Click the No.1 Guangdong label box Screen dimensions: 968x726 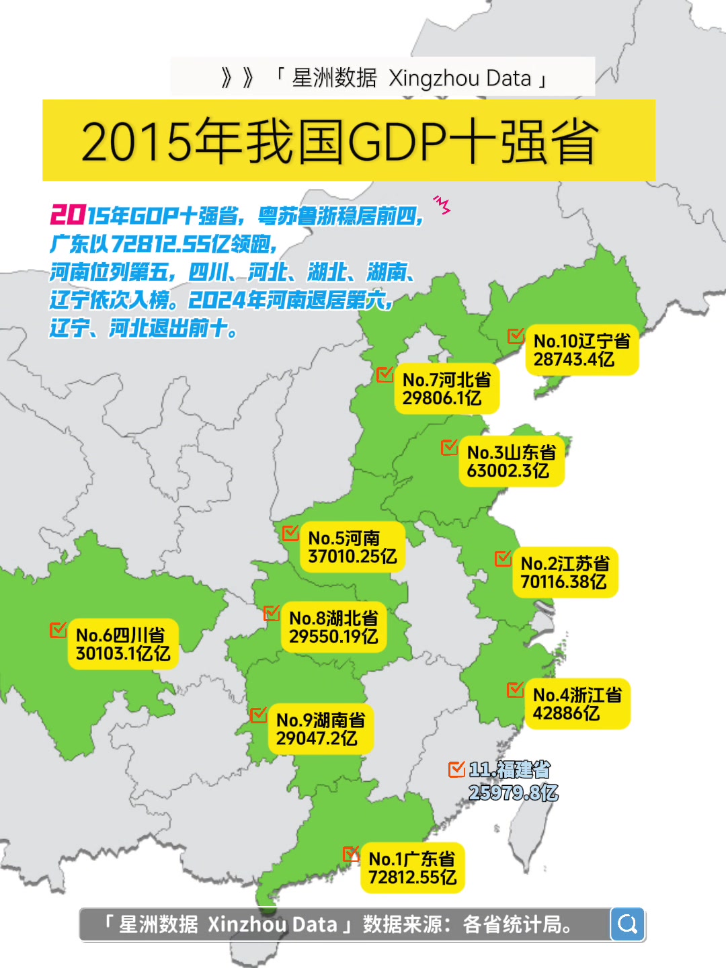[413, 868]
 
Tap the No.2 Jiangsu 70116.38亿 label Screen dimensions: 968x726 [565, 573]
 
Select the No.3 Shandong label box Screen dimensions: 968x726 [511, 461]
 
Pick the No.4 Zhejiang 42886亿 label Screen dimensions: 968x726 [577, 704]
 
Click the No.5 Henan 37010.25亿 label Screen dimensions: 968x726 [352, 547]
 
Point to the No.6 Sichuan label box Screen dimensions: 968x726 [122, 644]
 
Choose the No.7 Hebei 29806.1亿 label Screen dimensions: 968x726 [446, 389]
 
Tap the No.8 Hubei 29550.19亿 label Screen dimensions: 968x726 [333, 627]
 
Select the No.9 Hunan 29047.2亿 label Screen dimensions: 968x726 [320, 729]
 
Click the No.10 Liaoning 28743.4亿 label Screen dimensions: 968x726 [581, 350]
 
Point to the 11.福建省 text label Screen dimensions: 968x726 [510, 770]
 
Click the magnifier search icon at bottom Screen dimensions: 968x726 [628, 924]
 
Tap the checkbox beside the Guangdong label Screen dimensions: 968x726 [351, 854]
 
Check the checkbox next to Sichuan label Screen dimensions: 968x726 [58, 630]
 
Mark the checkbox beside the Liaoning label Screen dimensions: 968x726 [516, 335]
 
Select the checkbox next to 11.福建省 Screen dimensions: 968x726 [456, 768]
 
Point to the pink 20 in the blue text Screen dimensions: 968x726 [67, 215]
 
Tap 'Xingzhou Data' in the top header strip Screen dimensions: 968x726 [460, 78]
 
